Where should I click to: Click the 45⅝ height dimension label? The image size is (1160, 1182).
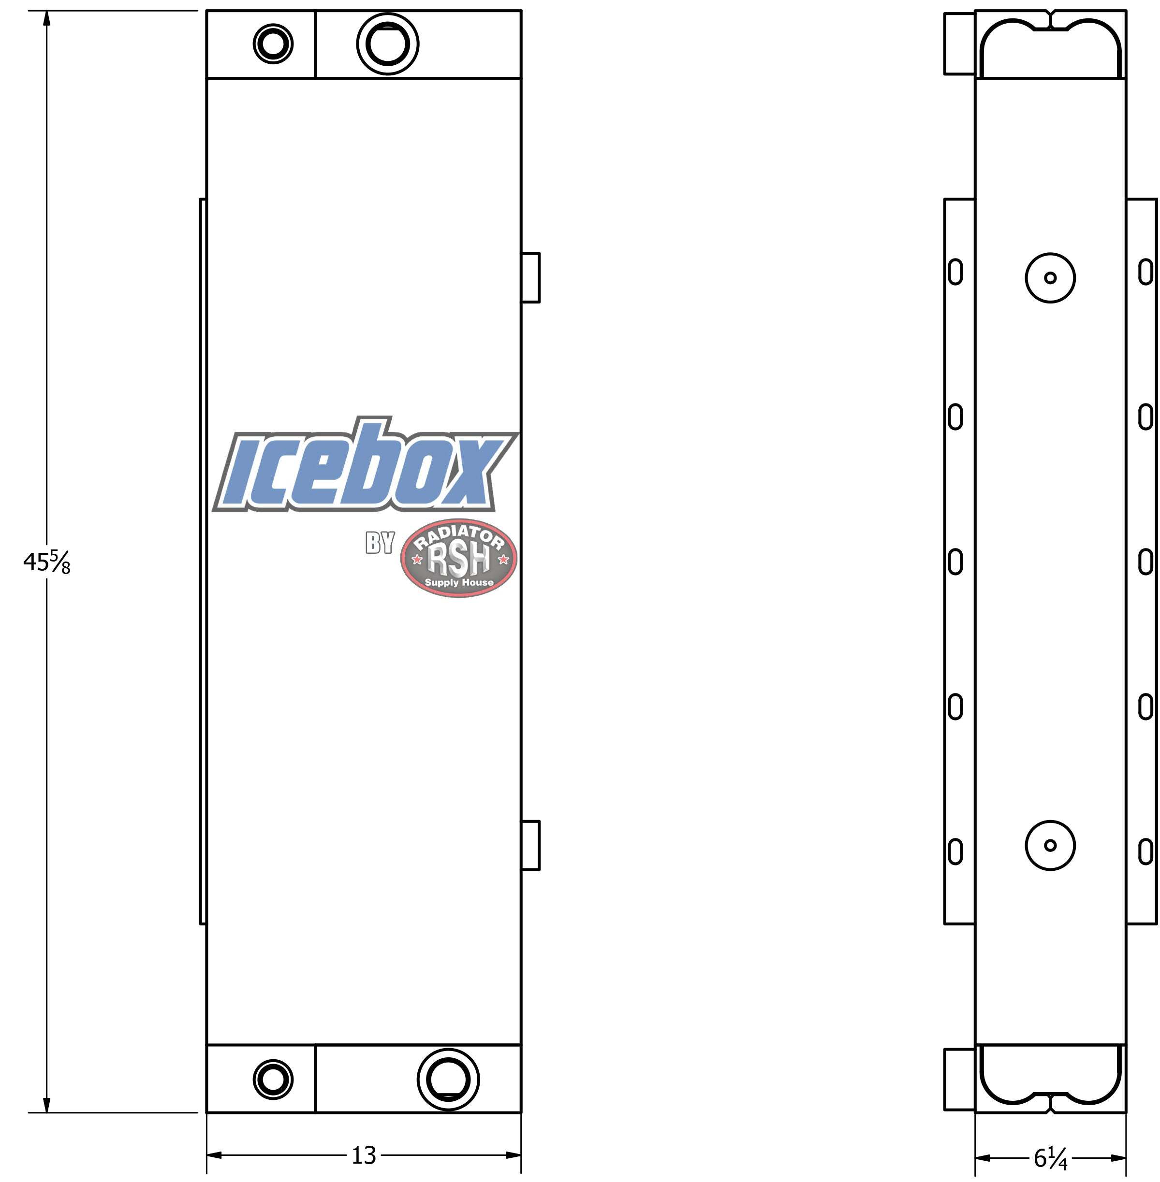47,562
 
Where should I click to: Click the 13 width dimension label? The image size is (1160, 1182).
364,1155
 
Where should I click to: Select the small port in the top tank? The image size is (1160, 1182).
273,44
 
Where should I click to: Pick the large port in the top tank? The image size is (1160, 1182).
387,44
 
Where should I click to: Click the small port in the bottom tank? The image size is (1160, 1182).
273,1080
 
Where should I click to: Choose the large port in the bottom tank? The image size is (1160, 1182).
448,1080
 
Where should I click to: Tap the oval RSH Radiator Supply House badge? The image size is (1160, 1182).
459,558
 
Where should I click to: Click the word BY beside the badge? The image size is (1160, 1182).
380,543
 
